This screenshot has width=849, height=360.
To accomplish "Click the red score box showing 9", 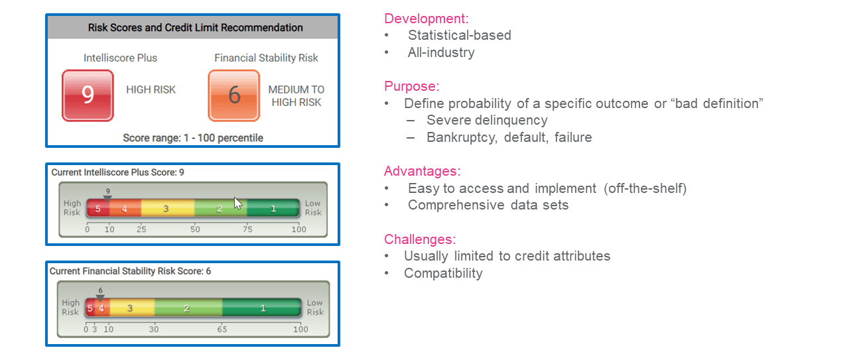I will click(x=88, y=96).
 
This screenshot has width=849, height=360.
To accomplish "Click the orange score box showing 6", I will click(x=234, y=96).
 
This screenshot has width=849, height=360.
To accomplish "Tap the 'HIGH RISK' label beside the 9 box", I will click(x=151, y=90).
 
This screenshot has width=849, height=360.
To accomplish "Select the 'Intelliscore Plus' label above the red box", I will click(x=120, y=58).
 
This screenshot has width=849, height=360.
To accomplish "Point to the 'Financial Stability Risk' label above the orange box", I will click(x=266, y=58).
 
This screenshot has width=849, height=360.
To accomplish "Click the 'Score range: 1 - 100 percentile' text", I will click(x=193, y=138).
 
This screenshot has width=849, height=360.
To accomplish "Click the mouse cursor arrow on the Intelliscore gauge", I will click(x=238, y=203).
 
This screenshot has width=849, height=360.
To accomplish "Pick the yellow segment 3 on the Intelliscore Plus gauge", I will click(x=166, y=208).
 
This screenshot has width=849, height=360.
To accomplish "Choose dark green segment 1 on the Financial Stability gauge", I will click(x=263, y=308).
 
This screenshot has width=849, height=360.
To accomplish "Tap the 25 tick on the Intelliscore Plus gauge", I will click(x=141, y=229).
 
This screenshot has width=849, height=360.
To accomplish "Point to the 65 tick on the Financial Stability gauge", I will click(x=222, y=329).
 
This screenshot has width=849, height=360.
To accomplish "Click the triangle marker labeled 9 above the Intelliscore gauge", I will click(x=107, y=198).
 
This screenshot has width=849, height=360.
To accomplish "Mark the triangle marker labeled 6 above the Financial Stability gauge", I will click(x=100, y=298).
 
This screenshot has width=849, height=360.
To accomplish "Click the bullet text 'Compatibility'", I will click(x=443, y=273).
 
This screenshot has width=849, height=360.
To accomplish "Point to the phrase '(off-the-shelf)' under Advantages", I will click(x=645, y=188).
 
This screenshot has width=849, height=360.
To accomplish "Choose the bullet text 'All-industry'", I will click(x=441, y=52).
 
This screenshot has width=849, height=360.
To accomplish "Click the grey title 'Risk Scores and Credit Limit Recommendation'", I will click(x=196, y=28).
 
